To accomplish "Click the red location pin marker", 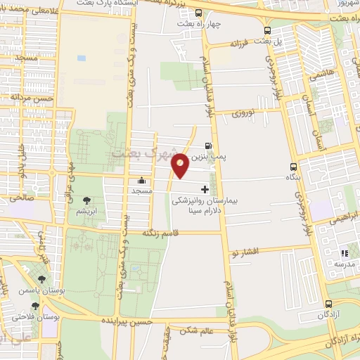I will pyautogui.click(x=181, y=165).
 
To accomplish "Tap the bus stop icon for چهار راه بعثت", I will pyautogui.click(x=199, y=13).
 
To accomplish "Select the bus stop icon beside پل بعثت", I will pyautogui.click(x=267, y=30).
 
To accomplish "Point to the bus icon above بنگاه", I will pyautogui.click(x=293, y=167).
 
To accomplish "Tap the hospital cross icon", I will pyautogui.click(x=205, y=188).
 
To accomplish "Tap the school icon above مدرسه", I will pyautogui.click(x=345, y=253).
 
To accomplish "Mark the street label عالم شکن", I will pyautogui.click(x=196, y=329).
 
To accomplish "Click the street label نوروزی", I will pyautogui.click(x=247, y=112).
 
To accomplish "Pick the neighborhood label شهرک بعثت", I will pyautogui.click(x=139, y=153).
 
